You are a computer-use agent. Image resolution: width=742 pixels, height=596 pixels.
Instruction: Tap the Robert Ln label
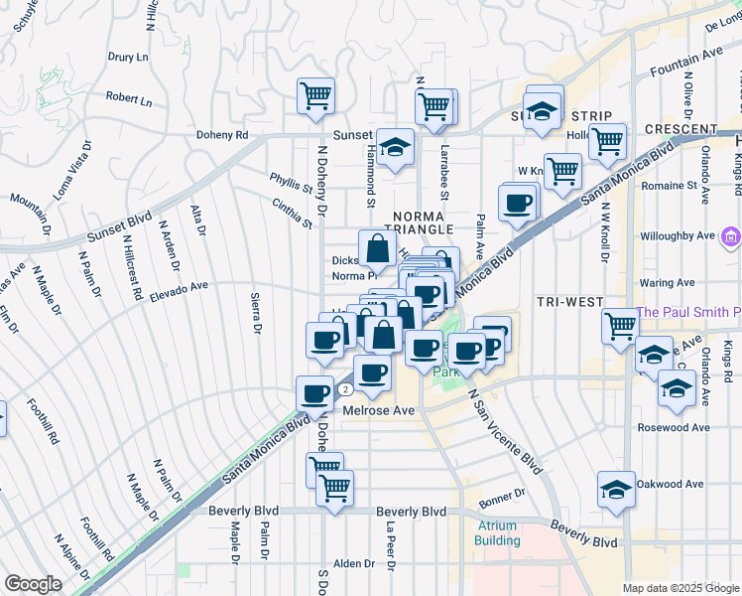point(129,99)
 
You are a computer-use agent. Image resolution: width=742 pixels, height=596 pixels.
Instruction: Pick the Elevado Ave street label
point(179,287)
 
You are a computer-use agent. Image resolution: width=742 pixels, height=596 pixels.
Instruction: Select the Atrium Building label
point(497,532)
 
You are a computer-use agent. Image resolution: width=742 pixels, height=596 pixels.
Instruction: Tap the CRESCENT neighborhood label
point(680,129)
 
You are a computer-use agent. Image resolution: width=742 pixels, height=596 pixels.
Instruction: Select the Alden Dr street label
point(355,563)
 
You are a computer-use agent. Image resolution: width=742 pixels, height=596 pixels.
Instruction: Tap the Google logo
point(34,584)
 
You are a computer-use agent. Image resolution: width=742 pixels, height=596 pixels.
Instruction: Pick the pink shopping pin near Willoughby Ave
point(731,236)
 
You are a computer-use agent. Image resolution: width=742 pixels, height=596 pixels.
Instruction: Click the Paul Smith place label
point(689,312)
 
